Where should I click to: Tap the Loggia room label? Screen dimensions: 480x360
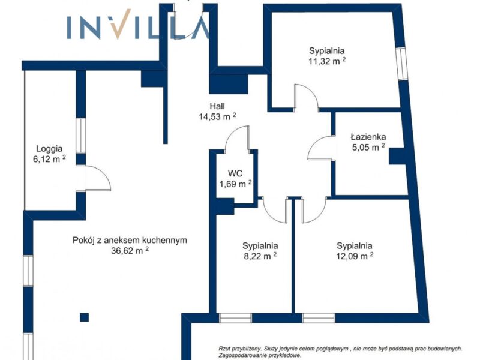(x=49, y=149)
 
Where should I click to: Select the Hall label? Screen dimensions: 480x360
(x=217, y=106)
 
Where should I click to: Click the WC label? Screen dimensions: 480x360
(x=235, y=173)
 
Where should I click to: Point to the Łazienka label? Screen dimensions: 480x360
(x=368, y=137)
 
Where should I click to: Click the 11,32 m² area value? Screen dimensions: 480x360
(x=327, y=61)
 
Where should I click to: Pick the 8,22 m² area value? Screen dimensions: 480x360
(x=260, y=256)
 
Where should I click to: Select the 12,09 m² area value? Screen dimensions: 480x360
(x=355, y=256)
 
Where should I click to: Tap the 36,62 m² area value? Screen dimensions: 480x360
(x=130, y=251)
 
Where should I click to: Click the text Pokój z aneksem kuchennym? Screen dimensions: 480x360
(x=130, y=241)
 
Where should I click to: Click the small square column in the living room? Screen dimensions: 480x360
(x=84, y=317)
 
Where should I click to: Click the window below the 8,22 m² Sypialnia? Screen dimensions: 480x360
(x=235, y=318)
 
